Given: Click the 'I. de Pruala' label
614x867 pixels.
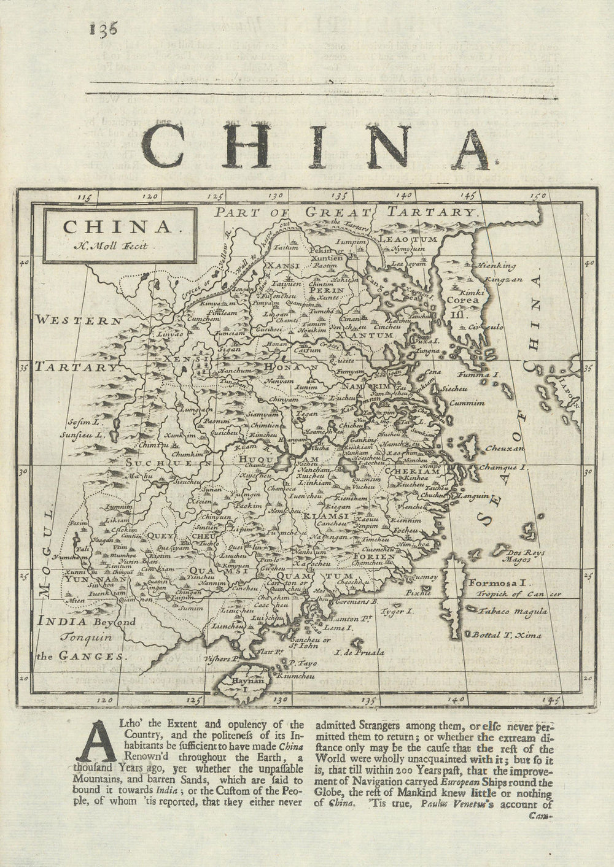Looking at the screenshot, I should [359, 652].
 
